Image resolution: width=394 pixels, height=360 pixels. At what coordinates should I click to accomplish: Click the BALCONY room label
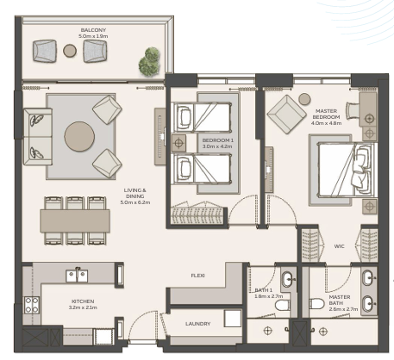[93, 30]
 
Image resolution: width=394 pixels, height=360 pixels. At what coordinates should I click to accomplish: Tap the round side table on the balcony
[70, 51]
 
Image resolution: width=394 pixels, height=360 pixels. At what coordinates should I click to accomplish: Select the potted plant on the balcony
[149, 61]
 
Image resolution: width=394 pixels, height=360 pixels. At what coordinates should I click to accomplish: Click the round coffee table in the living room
[79, 136]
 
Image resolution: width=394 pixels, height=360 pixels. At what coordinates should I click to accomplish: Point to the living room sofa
[38, 137]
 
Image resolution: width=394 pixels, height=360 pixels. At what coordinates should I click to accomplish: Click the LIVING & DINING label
[135, 193]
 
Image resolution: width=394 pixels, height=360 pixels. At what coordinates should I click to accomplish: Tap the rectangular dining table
[75, 220]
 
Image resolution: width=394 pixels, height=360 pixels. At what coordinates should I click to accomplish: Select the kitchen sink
[77, 276]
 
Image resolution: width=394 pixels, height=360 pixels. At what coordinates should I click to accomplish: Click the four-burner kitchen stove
[32, 305]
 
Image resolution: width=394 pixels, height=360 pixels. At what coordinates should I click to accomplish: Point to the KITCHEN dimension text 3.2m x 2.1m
[83, 307]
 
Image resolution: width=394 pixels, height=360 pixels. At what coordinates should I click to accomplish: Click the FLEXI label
[198, 276]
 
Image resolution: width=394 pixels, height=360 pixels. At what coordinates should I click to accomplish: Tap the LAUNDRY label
[198, 324]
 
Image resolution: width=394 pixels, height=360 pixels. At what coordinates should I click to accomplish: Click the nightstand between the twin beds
[178, 143]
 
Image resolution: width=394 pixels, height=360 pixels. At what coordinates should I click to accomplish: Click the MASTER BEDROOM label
[326, 114]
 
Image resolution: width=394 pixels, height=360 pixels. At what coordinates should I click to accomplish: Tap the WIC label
[339, 246]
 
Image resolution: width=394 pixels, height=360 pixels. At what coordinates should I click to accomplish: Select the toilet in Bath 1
[283, 305]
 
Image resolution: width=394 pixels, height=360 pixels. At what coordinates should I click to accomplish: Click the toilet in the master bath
[316, 303]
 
